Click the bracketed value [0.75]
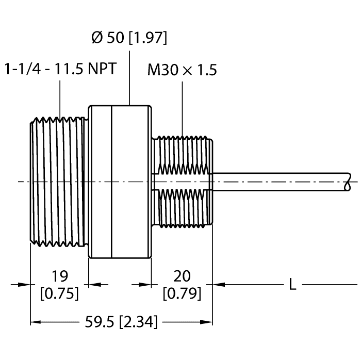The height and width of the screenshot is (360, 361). pos(59,293)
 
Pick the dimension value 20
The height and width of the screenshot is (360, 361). pos(182,274)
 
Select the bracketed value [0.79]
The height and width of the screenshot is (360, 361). pos(182,293)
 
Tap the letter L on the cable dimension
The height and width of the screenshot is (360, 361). pos(292,284)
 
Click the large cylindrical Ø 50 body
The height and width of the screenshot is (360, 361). pos(120,181)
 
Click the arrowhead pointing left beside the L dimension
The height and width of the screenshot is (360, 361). pos(219,284)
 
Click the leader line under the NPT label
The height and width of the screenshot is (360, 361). pos(60,98)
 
